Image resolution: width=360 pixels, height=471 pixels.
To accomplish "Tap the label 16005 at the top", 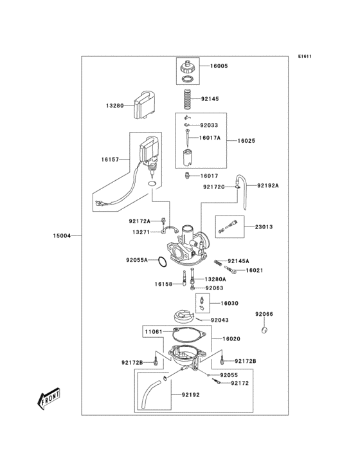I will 219,66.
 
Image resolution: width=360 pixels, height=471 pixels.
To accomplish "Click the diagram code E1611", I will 305,56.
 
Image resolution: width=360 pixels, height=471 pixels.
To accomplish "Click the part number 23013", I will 264,226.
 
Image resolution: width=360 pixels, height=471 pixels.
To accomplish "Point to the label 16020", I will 231,338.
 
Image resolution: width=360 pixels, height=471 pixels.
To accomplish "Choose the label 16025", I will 247,140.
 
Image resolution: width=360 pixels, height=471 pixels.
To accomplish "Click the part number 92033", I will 209,125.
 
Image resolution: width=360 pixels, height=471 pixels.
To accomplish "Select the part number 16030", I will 230,303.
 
